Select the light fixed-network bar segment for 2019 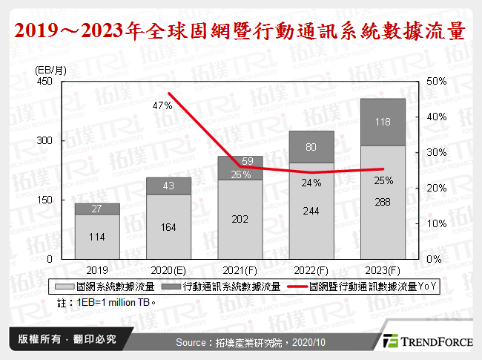tap(97, 236)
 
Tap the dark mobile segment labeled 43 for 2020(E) tap(168, 186)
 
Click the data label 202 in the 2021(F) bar tap(240, 219)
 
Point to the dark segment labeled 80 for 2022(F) tap(311, 147)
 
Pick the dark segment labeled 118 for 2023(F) tap(383, 122)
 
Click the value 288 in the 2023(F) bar tap(383, 202)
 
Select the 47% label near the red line tap(162, 106)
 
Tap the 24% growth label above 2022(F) tap(311, 183)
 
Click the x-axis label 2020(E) tap(168, 269)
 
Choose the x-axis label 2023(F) tap(383, 269)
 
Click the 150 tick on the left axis tap(44, 200)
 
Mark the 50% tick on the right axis tap(436, 81)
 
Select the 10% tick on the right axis tap(436, 223)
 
